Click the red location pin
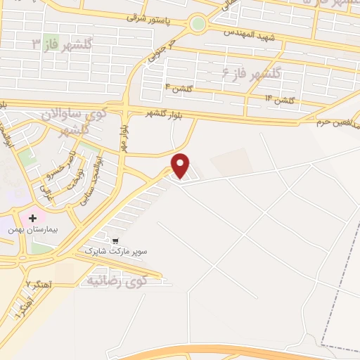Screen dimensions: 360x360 click(x=181, y=165)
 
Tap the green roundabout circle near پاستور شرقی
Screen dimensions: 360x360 click(x=198, y=25)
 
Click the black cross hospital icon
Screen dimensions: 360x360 click(x=32, y=218)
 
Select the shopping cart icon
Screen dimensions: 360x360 click(x=105, y=239)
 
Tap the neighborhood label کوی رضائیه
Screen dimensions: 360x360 click(x=116, y=282)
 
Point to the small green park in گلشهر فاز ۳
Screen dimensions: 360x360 click(x=50, y=42)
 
